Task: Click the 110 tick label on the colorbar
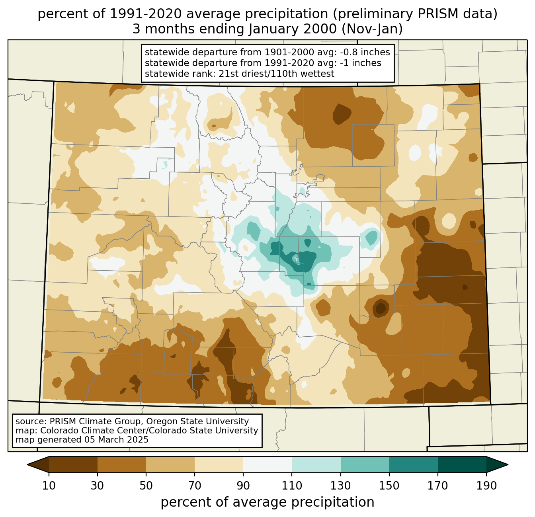[x=292, y=486]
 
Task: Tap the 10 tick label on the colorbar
[x=49, y=486]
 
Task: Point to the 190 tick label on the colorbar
[x=486, y=486]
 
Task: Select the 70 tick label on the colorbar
[x=195, y=486]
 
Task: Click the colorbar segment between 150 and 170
[x=414, y=464]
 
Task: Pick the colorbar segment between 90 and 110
[x=267, y=464]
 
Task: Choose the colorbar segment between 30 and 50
[x=122, y=464]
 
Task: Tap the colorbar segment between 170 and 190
[x=462, y=464]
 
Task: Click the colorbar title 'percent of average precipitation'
[x=267, y=502]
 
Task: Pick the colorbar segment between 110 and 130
[x=316, y=464]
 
